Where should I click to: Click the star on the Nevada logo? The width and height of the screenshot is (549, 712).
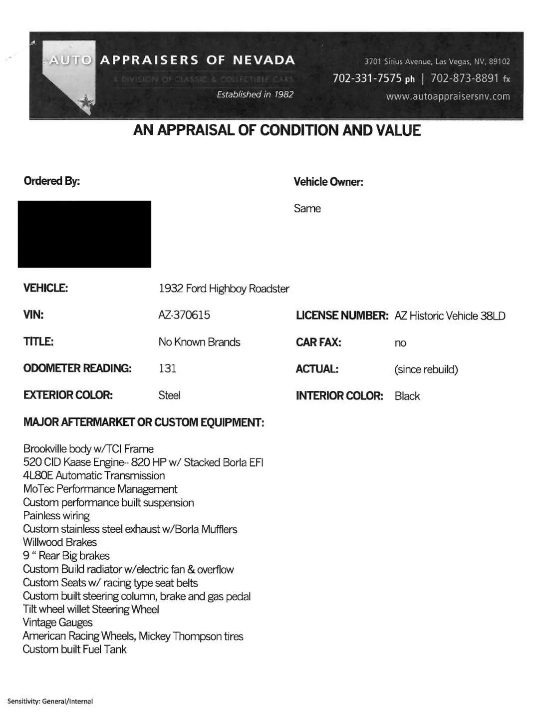(86, 102)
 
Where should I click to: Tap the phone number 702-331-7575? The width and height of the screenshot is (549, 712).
(367, 78)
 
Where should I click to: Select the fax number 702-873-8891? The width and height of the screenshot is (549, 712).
(465, 78)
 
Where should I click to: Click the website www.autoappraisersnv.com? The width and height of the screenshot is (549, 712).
(448, 96)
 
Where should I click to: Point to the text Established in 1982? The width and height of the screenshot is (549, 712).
(255, 94)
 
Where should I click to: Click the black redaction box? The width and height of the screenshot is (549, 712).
(84, 234)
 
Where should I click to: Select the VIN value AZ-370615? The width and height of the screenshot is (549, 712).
(184, 315)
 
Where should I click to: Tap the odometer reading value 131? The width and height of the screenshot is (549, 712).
(167, 368)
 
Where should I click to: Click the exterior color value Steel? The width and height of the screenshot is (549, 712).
(169, 395)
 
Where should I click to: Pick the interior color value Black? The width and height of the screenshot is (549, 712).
(407, 396)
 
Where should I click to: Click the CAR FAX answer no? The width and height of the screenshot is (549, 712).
(400, 343)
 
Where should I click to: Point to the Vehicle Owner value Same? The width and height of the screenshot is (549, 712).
(307, 209)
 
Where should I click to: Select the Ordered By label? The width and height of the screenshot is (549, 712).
(51, 181)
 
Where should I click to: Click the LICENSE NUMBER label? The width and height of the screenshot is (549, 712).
(342, 316)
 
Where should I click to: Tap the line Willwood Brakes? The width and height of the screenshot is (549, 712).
(60, 542)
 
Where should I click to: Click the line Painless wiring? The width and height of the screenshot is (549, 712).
(56, 516)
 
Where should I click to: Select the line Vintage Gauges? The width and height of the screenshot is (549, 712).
(58, 623)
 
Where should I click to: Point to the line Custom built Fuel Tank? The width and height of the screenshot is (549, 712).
(75, 650)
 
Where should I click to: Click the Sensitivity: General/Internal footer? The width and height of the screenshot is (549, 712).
(50, 701)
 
